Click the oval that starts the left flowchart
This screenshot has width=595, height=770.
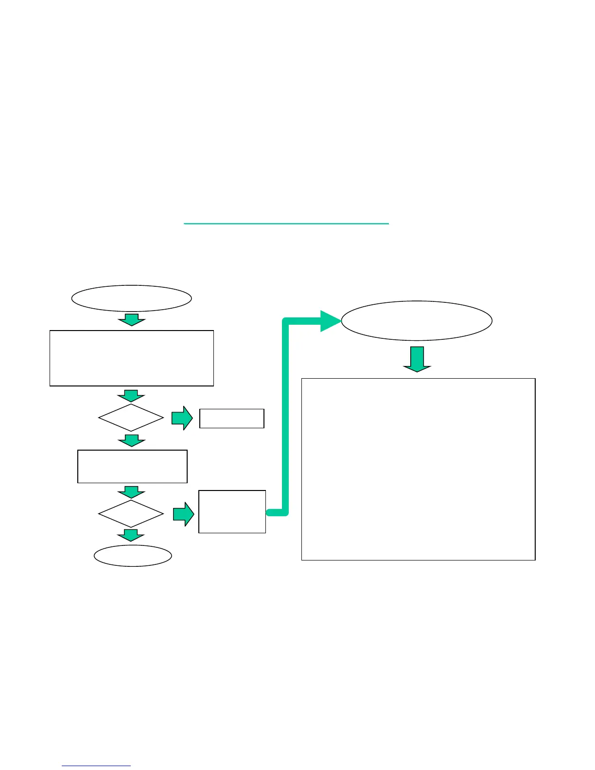coord(131,298)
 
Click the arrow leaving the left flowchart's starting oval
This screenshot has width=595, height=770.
coord(131,320)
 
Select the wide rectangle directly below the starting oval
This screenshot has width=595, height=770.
coord(131,358)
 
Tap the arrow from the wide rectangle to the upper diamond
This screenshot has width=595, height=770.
coord(131,395)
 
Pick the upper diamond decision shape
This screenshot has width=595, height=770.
coord(131,418)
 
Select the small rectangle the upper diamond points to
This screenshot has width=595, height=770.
coord(232,418)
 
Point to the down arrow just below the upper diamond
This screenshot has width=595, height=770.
coord(131,441)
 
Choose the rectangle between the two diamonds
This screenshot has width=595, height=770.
coord(132,466)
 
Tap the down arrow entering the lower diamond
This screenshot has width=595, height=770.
coord(131,491)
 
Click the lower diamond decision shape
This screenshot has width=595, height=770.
coord(131,513)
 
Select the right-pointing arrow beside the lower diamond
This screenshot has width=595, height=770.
coord(184,514)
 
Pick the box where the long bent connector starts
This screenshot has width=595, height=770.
coord(232,511)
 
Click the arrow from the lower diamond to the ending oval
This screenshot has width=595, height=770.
coord(131,535)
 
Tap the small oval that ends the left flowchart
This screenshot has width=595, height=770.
coord(133,556)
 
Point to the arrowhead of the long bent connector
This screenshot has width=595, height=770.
coord(331,321)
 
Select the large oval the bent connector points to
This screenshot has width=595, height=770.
coord(417,321)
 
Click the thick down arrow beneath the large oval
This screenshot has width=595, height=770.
coord(417,359)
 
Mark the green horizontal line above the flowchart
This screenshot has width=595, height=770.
coord(286,224)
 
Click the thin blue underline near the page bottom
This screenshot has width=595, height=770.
coord(96,766)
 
